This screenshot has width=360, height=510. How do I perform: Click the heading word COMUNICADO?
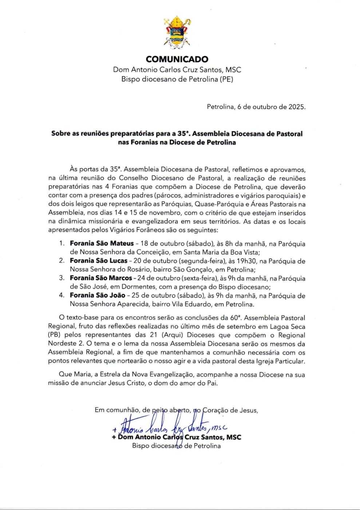(x=177, y=59)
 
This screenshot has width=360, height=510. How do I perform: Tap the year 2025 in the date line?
(x=297, y=107)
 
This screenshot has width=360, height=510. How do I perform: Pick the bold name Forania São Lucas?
(x=99, y=261)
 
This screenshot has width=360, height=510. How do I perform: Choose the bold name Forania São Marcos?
(x=101, y=278)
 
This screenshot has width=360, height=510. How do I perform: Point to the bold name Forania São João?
(x=98, y=295)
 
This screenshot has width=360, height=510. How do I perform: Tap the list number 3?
(x=62, y=278)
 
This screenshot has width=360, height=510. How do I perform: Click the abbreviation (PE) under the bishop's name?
(x=225, y=79)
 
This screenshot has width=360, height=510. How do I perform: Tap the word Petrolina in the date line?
(x=220, y=107)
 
